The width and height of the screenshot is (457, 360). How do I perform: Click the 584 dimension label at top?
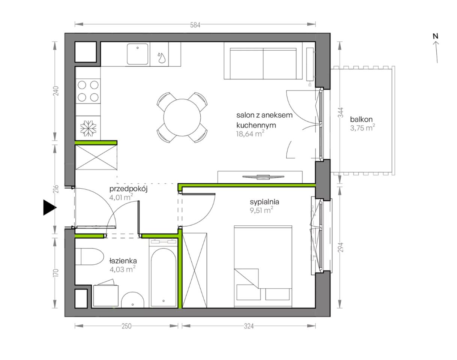click(195, 25)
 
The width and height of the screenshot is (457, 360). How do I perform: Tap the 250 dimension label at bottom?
click(126, 326)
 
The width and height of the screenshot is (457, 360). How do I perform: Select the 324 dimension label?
click(249, 326)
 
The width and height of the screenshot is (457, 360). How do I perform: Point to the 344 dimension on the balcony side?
click(340, 113)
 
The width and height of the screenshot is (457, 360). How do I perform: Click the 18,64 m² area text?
click(250, 134)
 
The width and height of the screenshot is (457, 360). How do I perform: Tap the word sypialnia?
click(265, 202)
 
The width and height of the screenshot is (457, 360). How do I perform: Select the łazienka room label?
click(123, 261)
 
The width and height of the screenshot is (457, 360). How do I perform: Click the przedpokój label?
click(128, 189)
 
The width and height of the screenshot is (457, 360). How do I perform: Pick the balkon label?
click(361, 119)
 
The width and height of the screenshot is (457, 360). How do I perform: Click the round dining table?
click(182, 117)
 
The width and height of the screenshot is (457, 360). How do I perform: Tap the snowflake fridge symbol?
click(88, 128)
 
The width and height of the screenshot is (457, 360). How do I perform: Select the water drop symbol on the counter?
click(162, 57)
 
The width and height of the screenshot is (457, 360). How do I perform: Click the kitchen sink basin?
click(138, 54)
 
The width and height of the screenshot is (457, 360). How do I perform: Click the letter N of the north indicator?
click(436, 36)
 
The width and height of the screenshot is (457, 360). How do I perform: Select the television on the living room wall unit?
click(263, 177)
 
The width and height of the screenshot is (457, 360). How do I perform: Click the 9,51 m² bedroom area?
click(262, 210)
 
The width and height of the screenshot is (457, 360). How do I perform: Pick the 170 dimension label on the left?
click(56, 273)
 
